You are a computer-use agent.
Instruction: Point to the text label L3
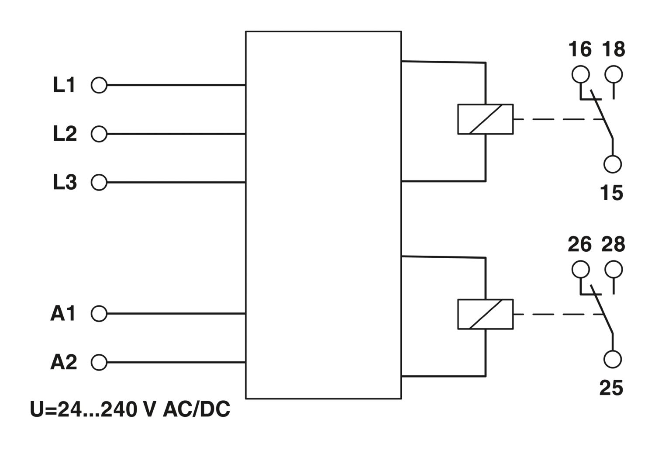click(65, 182)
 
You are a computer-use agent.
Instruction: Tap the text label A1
click(63, 313)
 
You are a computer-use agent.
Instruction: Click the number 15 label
click(611, 193)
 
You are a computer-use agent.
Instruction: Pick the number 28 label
click(613, 244)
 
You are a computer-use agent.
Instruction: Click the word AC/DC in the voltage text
click(196, 409)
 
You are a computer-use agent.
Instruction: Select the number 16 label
click(580, 49)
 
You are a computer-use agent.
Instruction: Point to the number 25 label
click(611, 388)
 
